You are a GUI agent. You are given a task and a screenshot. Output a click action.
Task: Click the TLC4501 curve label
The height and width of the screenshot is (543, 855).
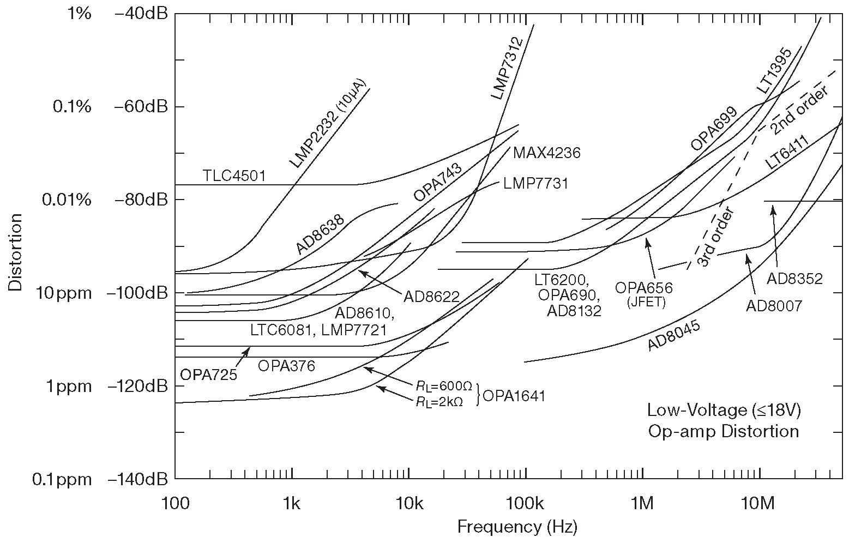click(x=234, y=176)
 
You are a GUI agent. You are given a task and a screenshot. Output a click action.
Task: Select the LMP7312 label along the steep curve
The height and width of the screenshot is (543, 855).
click(x=507, y=68)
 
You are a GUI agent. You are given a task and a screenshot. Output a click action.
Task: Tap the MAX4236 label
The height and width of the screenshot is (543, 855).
click(x=546, y=153)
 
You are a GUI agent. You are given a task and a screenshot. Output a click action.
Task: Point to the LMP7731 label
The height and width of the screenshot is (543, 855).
click(x=536, y=184)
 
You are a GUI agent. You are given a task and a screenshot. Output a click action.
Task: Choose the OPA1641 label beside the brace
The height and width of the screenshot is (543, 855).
click(x=513, y=396)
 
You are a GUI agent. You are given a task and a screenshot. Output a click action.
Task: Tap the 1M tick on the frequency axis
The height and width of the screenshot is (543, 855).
click(x=642, y=503)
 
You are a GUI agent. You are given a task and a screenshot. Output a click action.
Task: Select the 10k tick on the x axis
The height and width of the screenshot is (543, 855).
click(x=408, y=503)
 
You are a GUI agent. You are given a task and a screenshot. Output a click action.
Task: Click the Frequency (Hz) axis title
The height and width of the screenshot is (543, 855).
click(x=517, y=527)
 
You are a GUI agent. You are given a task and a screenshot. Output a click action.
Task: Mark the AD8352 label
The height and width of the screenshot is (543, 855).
click(x=794, y=279)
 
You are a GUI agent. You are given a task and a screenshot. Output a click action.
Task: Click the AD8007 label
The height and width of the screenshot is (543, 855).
click(x=774, y=306)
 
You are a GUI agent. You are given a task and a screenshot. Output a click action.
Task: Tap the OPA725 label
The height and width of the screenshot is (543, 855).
click(x=209, y=375)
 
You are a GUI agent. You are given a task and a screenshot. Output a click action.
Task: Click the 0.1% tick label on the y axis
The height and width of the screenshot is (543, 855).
click(x=72, y=106)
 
